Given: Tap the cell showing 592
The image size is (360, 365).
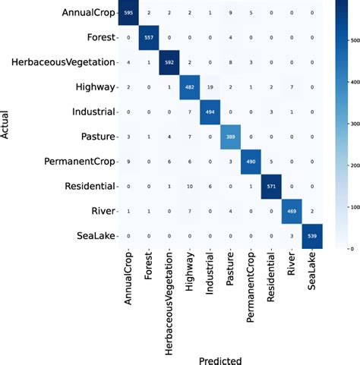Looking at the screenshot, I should [180, 62].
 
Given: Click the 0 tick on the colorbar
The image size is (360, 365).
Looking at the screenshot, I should [351, 247].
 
